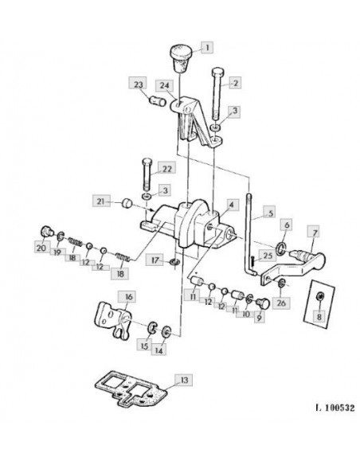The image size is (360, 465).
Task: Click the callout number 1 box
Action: pyautogui.click(x=207, y=47)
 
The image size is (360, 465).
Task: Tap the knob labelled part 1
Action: pyautogui.click(x=181, y=58)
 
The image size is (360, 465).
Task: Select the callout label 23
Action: pyautogui.click(x=139, y=84)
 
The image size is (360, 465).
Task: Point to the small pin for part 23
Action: pyautogui.click(x=157, y=101)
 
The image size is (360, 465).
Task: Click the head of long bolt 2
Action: pyautogui.click(x=218, y=72)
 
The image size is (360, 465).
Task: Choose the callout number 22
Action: pyautogui.click(x=166, y=168)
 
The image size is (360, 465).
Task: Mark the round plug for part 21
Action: pyautogui.click(x=127, y=204)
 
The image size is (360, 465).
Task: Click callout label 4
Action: pyautogui.click(x=232, y=205)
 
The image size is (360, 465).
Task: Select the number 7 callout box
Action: pyautogui.click(x=314, y=232)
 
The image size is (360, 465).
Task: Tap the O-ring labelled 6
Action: pyautogui.click(x=281, y=248)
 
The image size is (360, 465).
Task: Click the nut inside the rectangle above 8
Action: pyautogui.click(x=320, y=296)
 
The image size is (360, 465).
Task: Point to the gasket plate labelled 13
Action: pyautogui.click(x=131, y=388)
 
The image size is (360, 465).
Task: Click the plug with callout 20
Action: pyautogui.click(x=46, y=232)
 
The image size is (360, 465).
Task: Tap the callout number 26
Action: pyautogui.click(x=281, y=303)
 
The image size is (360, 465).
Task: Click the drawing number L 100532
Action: pyautogui.click(x=335, y=408)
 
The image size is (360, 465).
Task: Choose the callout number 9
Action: pyautogui.click(x=259, y=318)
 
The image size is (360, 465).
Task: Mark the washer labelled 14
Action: pyautogui.click(x=166, y=331)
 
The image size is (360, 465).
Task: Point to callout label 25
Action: pyautogui.click(x=267, y=256)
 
